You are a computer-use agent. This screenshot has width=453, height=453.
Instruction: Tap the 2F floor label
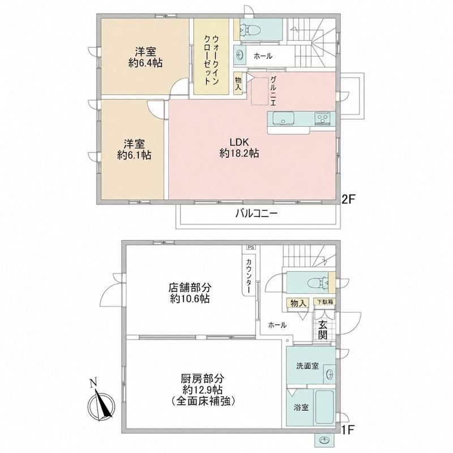pyautogui.click(x=348, y=199)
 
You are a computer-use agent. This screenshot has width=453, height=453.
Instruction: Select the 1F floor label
pyautogui.click(x=348, y=430)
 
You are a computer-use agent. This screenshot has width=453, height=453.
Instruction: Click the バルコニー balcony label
pyautogui.click(x=257, y=213)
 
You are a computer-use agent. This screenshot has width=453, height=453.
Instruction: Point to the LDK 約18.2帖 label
pyautogui.click(x=239, y=148)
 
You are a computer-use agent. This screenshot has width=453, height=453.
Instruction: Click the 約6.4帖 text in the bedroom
pyautogui.click(x=146, y=63)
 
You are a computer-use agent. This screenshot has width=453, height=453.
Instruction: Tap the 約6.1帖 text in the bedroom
pyautogui.click(x=134, y=155)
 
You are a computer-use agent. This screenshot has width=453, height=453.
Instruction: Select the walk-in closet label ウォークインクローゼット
pyautogui.click(x=211, y=60)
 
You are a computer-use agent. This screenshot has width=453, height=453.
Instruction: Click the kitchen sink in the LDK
pyautogui.click(x=283, y=118)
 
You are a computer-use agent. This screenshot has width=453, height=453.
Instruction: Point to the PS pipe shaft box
pyautogui.click(x=251, y=247)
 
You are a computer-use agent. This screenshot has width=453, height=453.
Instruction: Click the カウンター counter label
pyautogui.click(x=249, y=276)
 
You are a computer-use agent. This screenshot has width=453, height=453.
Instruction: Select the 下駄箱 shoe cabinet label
pyautogui.click(x=325, y=302)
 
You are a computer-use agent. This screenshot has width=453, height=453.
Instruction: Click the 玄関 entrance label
pyautogui.click(x=323, y=330)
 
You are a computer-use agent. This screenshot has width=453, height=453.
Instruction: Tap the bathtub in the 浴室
pyautogui.click(x=324, y=407)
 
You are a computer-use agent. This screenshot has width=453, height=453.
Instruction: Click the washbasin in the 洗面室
pyautogui.click(x=330, y=374)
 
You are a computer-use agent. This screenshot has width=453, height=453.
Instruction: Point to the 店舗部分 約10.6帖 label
pyautogui.click(x=190, y=293)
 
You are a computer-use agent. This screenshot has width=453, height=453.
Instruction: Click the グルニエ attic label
pyautogui.click(x=273, y=91)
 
